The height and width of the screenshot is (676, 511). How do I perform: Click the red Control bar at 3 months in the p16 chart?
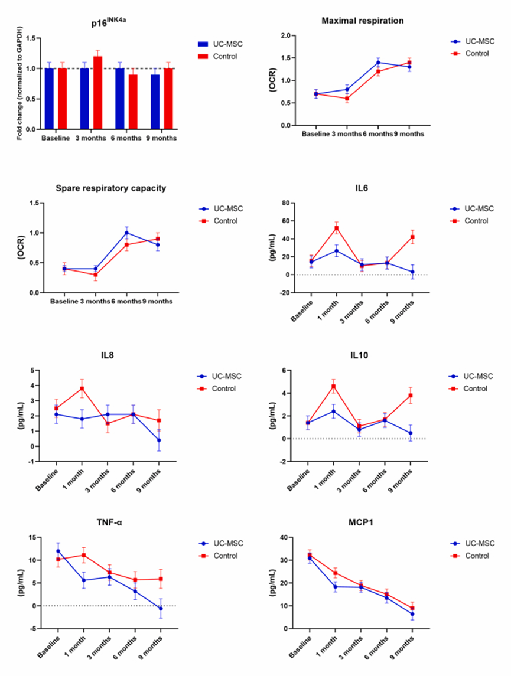(x=97, y=93)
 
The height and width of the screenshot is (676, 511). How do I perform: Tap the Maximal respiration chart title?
(x=363, y=21)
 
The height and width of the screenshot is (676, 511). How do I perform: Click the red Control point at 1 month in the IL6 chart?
(x=336, y=228)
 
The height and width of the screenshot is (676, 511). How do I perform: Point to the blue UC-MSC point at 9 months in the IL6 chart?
(x=412, y=272)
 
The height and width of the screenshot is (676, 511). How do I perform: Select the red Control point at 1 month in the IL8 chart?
(x=82, y=388)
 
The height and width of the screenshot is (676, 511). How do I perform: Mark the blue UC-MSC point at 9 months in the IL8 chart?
(x=159, y=440)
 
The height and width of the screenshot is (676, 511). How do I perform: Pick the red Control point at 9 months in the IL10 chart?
(x=411, y=396)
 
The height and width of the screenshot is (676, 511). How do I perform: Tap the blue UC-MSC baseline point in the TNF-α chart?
(x=58, y=551)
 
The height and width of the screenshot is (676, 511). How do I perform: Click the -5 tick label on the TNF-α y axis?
(x=33, y=629)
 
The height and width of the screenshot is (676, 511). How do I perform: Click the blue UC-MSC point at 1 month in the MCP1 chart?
(x=335, y=587)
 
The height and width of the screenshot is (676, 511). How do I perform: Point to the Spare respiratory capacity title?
(x=111, y=188)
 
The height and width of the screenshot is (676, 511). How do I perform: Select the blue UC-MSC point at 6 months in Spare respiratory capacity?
(x=127, y=233)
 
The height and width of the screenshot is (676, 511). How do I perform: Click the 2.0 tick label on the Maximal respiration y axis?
(x=285, y=35)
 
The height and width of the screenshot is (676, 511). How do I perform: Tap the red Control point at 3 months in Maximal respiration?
(x=347, y=98)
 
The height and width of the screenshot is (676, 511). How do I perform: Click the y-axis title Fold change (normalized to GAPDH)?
(x=19, y=83)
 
